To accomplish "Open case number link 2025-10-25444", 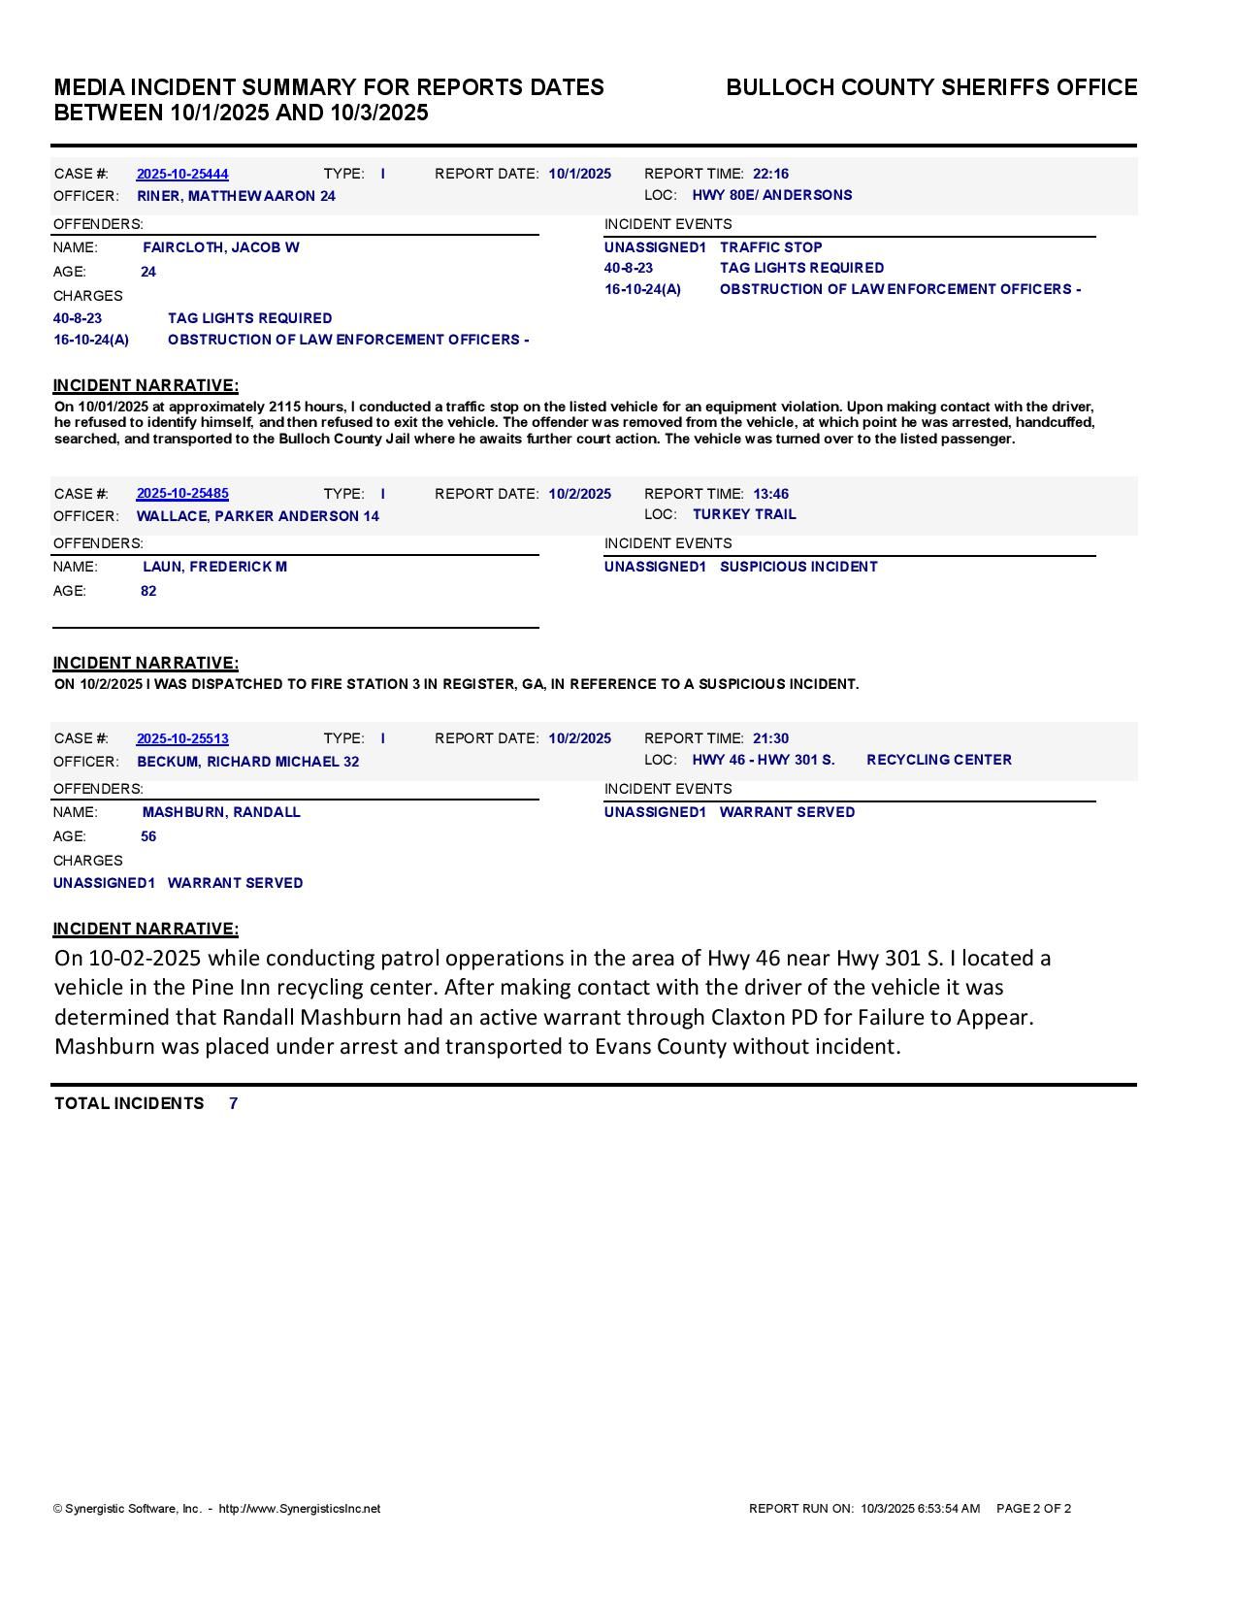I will tap(182, 174).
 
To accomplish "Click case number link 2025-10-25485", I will tap(182, 494).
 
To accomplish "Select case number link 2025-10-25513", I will tap(182, 738).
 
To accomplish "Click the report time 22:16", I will tap(770, 174).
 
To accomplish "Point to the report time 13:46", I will tap(770, 494).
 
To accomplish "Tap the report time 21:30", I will tap(770, 738).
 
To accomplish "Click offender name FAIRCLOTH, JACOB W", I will tap(221, 247).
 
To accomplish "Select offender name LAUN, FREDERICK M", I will tap(214, 567).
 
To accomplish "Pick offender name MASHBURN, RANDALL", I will tap(221, 812).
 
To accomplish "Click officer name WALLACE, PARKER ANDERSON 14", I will tap(258, 516).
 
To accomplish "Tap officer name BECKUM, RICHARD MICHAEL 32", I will tap(247, 762).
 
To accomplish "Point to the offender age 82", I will tap(148, 591).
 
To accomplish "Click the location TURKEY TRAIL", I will tap(744, 514).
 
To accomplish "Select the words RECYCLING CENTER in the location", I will tap(938, 760).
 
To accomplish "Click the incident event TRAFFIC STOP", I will tap(770, 247).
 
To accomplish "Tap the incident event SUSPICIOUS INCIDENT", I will tap(798, 567).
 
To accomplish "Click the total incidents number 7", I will tap(234, 1103).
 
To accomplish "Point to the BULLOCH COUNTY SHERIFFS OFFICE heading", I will tap(931, 87).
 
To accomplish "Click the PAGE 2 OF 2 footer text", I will tap(1033, 1509).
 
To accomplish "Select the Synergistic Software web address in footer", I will tap(300, 1509).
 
